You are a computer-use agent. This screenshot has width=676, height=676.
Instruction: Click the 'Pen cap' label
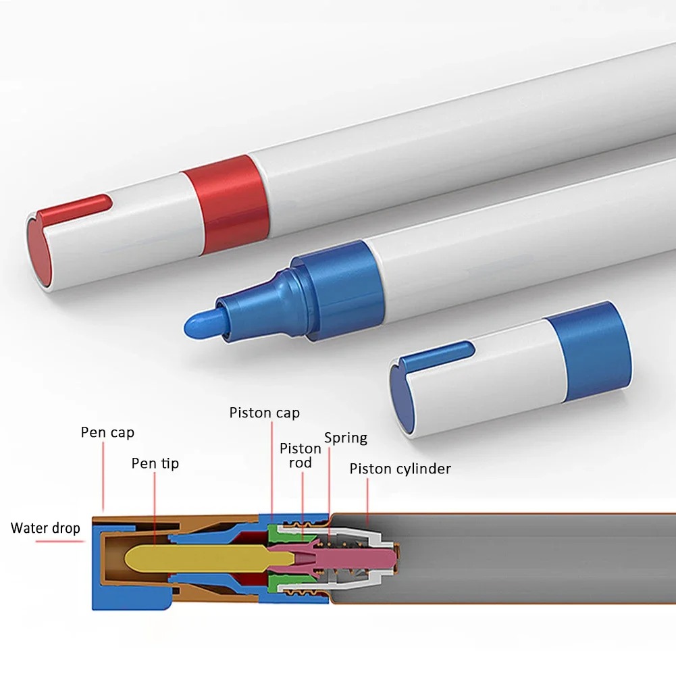coord(107,432)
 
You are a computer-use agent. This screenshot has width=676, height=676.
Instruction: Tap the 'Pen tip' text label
coord(155,463)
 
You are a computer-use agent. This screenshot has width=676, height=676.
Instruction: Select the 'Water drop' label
coord(45,527)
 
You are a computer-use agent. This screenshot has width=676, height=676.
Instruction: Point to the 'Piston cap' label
coord(264,413)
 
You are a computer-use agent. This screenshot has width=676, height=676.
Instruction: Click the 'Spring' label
coord(346,438)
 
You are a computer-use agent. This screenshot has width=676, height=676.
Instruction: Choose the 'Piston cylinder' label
coord(400,469)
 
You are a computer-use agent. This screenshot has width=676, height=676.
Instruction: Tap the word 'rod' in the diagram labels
coord(301,463)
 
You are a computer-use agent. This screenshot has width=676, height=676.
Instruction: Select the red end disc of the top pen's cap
coord(40,253)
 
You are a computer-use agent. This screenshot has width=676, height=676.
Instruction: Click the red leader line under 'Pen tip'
coord(155,506)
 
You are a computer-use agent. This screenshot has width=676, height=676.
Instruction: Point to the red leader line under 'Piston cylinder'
coord(367,500)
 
